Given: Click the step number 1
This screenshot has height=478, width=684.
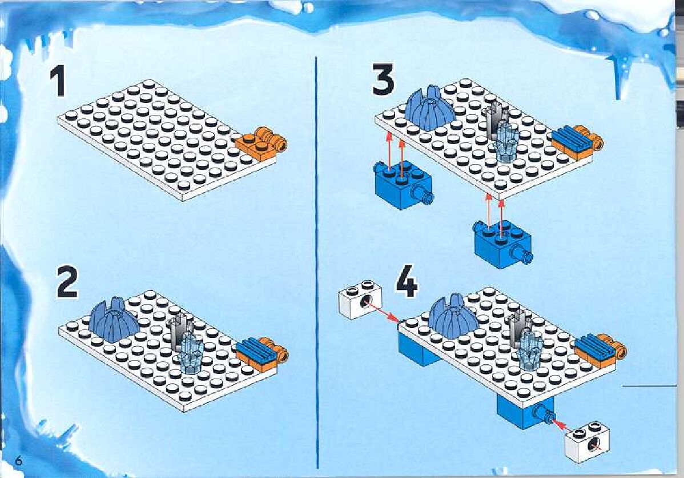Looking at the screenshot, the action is click(57, 82).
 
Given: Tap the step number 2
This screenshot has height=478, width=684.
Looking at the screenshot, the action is click(67, 282).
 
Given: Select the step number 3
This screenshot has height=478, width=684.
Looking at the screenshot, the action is click(383, 79).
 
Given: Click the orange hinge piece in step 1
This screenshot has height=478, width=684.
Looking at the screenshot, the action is click(261, 142).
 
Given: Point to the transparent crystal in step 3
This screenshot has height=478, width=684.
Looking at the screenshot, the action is click(506, 141).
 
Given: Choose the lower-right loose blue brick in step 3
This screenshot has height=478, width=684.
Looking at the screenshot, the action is click(502, 244).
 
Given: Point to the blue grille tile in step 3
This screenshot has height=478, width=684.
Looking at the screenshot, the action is click(571, 138).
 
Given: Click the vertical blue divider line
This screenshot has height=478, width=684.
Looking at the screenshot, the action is click(316, 262).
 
